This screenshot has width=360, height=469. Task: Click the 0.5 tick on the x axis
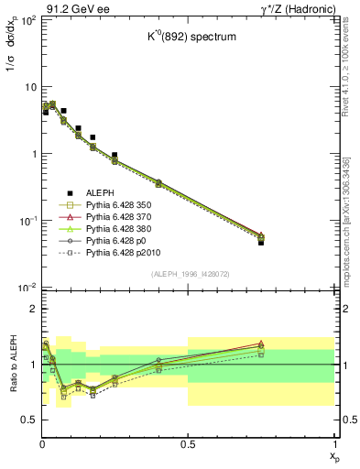[188, 444]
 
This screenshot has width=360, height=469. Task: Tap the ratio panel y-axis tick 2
[31, 309]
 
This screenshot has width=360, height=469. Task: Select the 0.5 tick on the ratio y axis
[27, 420]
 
